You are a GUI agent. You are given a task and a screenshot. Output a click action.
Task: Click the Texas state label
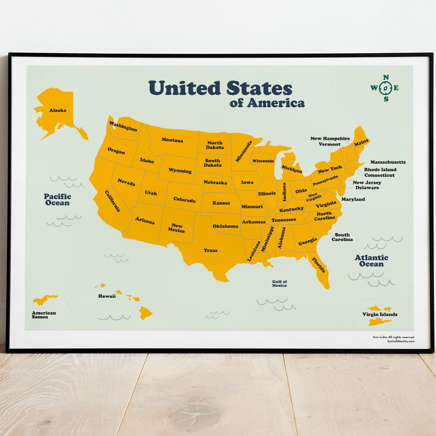tap(210, 250)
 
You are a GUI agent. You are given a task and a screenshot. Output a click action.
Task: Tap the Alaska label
tap(58, 110)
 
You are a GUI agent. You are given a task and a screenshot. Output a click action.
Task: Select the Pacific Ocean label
tap(57, 199)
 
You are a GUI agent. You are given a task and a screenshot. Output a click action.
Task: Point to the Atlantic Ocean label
tap(371, 261)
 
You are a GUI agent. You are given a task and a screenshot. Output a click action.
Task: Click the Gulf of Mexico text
tap(279, 283)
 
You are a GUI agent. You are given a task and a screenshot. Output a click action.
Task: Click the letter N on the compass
tap(386, 77)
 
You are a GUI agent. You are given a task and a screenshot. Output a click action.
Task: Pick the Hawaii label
tap(107, 296)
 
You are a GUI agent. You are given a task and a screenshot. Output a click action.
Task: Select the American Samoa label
tap(44, 315)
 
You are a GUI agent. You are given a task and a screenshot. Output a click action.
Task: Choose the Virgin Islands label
tap(380, 314)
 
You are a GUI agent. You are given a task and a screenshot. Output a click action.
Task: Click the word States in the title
tap(259, 88)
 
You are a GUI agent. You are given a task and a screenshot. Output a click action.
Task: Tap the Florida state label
tap(319, 265)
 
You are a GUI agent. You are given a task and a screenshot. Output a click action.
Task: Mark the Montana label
tap(172, 140)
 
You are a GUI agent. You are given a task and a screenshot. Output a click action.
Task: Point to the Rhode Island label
tap(380, 170)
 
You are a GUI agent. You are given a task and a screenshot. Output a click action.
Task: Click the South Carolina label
tap(342, 237)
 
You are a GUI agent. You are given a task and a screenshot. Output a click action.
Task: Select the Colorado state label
tap(184, 200)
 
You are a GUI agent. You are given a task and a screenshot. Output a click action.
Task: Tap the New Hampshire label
tap(330, 139)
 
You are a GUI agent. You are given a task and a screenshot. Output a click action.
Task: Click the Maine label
tap(361, 142)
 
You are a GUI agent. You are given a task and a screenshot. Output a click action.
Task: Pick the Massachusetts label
tap(388, 162)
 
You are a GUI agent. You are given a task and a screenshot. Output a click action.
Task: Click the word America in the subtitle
tap(275, 103)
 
